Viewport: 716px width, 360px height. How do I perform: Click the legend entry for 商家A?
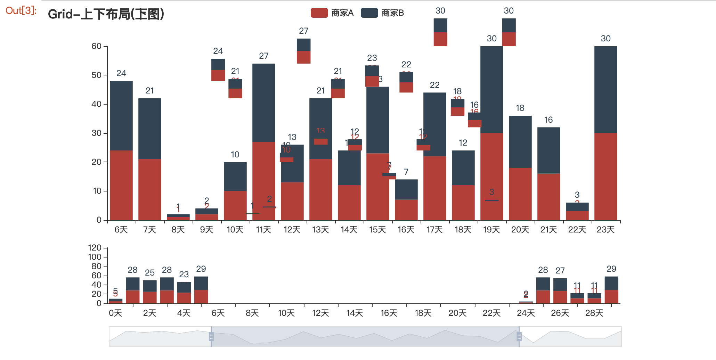(x=332, y=13)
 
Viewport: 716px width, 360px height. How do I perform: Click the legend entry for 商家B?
(x=382, y=13)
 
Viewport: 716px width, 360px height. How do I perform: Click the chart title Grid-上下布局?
(x=106, y=14)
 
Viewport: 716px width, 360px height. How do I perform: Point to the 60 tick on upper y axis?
(x=97, y=46)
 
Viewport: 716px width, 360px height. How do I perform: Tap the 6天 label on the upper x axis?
(x=121, y=230)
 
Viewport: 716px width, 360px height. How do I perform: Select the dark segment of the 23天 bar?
(x=605, y=89)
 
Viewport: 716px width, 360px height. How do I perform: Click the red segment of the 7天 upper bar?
(x=150, y=189)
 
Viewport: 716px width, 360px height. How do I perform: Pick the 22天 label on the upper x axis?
(x=577, y=230)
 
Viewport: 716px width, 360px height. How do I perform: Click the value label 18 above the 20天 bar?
(x=520, y=108)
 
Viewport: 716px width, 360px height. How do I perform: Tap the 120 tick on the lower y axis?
(x=95, y=248)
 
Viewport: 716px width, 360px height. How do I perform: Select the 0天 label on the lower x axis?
(x=115, y=313)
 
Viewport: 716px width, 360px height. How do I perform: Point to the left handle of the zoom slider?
(x=211, y=337)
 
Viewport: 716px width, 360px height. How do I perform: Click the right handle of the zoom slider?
(x=519, y=337)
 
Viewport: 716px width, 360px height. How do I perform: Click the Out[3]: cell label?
(x=21, y=10)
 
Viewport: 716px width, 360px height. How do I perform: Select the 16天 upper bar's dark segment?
(x=406, y=189)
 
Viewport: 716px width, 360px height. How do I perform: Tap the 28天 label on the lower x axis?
(x=594, y=313)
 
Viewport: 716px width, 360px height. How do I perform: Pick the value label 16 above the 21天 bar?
(x=548, y=120)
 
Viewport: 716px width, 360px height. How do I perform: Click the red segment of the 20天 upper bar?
(x=520, y=194)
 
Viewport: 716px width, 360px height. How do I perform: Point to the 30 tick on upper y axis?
(x=97, y=133)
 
